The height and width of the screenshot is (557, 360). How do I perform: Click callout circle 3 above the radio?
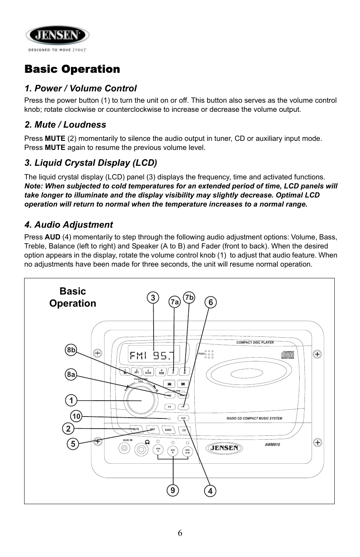[153, 298]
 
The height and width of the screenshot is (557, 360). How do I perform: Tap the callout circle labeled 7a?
[174, 302]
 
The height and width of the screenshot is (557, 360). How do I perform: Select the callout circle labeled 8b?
[71, 350]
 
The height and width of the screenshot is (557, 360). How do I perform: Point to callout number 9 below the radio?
[172, 490]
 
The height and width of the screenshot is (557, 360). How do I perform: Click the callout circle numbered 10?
[76, 417]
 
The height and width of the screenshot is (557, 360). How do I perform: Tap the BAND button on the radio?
[168, 430]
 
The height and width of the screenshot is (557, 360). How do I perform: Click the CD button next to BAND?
[184, 430]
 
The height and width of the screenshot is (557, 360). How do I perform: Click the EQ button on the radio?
[169, 407]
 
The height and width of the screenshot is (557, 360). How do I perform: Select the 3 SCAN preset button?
[148, 372]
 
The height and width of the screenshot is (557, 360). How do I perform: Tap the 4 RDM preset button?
[162, 372]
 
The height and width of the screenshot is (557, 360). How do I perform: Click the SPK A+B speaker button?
[187, 451]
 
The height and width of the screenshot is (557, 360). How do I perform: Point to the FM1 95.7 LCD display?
[153, 355]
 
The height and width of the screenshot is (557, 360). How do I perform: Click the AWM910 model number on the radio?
[272, 445]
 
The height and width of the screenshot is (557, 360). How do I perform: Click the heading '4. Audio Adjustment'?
[68, 225]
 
